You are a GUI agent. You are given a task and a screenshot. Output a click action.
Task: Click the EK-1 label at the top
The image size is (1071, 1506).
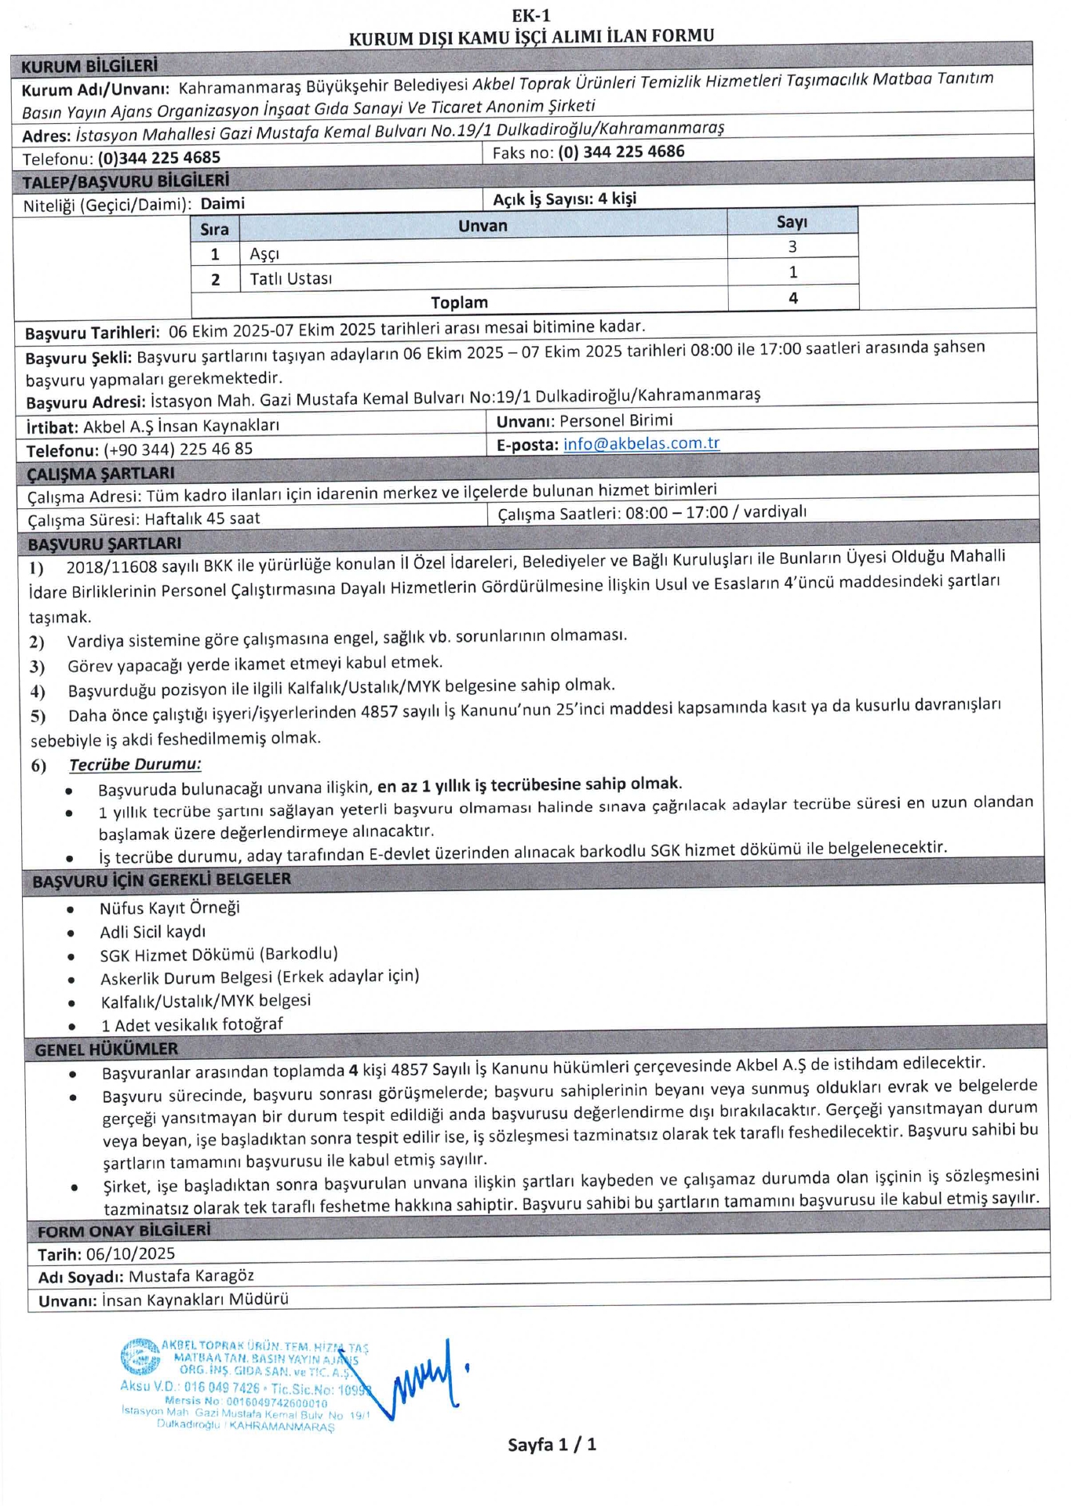[531, 16]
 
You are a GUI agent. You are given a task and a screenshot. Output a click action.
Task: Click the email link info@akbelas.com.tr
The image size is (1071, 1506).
[641, 444]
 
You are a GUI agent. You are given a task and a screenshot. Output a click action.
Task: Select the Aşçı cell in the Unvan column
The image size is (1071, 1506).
[264, 253]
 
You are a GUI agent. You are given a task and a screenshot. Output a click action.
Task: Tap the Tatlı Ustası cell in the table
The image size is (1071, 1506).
[291, 278]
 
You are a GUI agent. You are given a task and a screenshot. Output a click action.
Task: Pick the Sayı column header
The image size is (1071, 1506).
[792, 222]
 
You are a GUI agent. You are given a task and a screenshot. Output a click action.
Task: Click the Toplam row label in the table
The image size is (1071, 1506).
[459, 302]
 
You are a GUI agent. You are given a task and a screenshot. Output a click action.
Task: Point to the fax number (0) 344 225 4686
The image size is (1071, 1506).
[621, 151]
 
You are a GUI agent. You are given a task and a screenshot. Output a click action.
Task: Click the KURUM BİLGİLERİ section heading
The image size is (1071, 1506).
[89, 66]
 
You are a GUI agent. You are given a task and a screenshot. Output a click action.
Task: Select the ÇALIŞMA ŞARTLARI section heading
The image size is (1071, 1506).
[101, 474]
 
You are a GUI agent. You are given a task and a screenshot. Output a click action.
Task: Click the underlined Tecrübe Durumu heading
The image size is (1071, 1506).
[135, 764]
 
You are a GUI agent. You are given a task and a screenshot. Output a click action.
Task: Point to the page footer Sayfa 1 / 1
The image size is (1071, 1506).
[552, 1444]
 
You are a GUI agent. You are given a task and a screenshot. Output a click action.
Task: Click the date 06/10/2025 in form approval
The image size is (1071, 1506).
[130, 1253]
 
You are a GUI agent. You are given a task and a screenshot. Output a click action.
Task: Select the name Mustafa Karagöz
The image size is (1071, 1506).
[191, 1276]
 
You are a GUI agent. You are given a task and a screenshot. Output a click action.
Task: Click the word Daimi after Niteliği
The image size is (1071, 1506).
[223, 204]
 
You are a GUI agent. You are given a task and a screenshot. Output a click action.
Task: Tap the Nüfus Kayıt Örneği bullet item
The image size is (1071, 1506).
[169, 908]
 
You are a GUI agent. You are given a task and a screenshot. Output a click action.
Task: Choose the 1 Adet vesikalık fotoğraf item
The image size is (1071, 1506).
[191, 1024]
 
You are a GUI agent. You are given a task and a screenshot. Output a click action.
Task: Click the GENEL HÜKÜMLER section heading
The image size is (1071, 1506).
[106, 1049]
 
